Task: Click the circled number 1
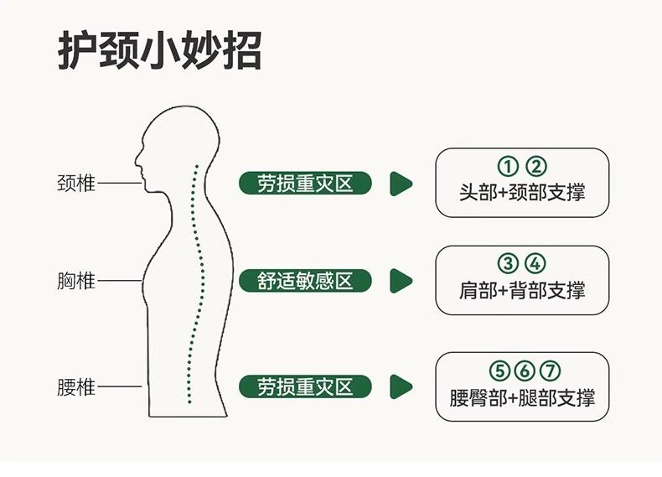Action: [x=507, y=166]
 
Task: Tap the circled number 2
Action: [x=535, y=166]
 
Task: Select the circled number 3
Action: [x=507, y=264]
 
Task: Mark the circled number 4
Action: [x=535, y=264]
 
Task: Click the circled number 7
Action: [x=551, y=371]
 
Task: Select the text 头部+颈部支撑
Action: [x=522, y=192]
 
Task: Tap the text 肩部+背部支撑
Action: [x=522, y=290]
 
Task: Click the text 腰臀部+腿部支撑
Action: [x=522, y=397]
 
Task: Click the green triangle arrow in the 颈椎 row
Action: [x=401, y=183]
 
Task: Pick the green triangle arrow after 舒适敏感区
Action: [x=401, y=281]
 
